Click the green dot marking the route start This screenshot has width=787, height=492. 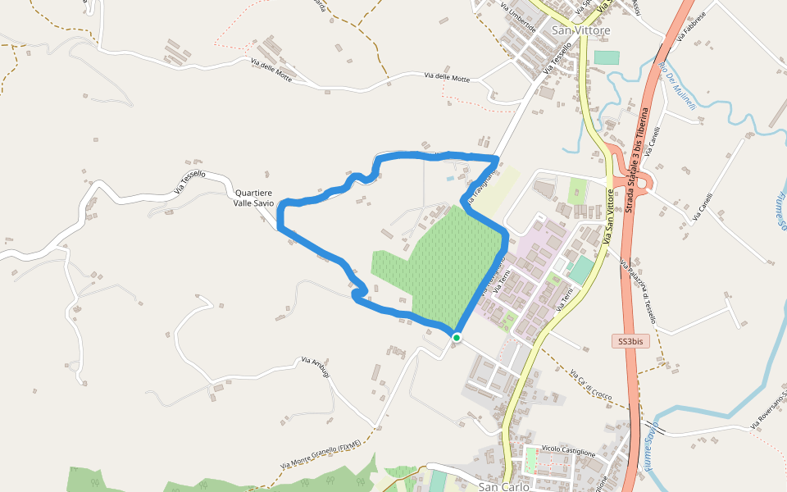pos(457,337)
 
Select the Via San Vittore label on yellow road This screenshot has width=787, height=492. pos(610,216)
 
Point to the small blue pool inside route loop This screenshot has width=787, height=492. pos(449,178)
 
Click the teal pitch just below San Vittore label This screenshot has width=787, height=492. pos(607,57)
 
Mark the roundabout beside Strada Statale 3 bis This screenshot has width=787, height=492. pos(641,181)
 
